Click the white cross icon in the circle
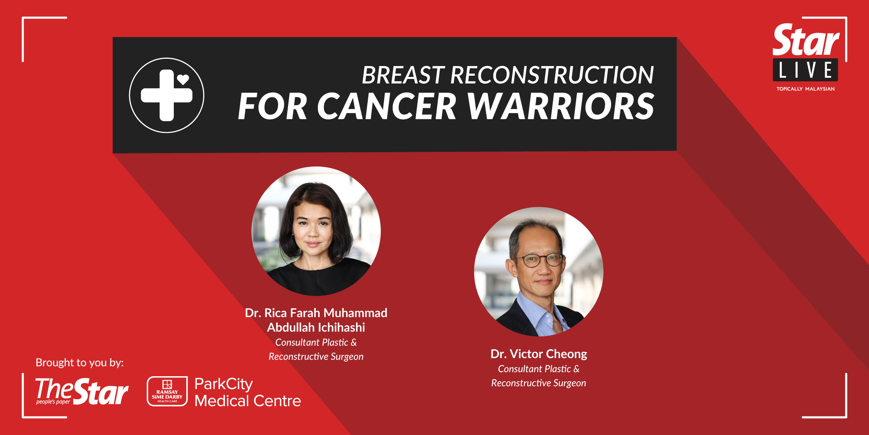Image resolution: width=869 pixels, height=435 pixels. tap(166, 95)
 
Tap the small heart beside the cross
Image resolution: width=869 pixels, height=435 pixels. tap(183, 79)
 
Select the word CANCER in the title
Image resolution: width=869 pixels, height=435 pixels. tap(387, 106)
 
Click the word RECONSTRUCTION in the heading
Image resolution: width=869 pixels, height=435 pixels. tap(552, 75)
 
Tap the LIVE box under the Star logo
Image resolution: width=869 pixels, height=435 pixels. tap(805, 70)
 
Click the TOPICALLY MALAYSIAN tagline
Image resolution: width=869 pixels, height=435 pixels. tap(805, 89)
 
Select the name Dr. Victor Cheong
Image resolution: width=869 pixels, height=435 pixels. tap(539, 354)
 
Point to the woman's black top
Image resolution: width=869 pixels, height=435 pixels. tap(318, 278)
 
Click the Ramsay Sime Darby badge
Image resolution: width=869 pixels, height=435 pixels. tap(167, 391)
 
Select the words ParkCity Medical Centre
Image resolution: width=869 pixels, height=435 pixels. tap(247, 392)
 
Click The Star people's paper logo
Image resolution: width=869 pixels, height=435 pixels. tap(82, 391)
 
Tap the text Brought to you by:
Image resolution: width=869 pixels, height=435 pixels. tap(80, 362)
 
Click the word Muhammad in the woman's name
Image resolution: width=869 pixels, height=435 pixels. tap(355, 313)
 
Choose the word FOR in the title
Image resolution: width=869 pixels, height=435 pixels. tap(272, 106)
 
